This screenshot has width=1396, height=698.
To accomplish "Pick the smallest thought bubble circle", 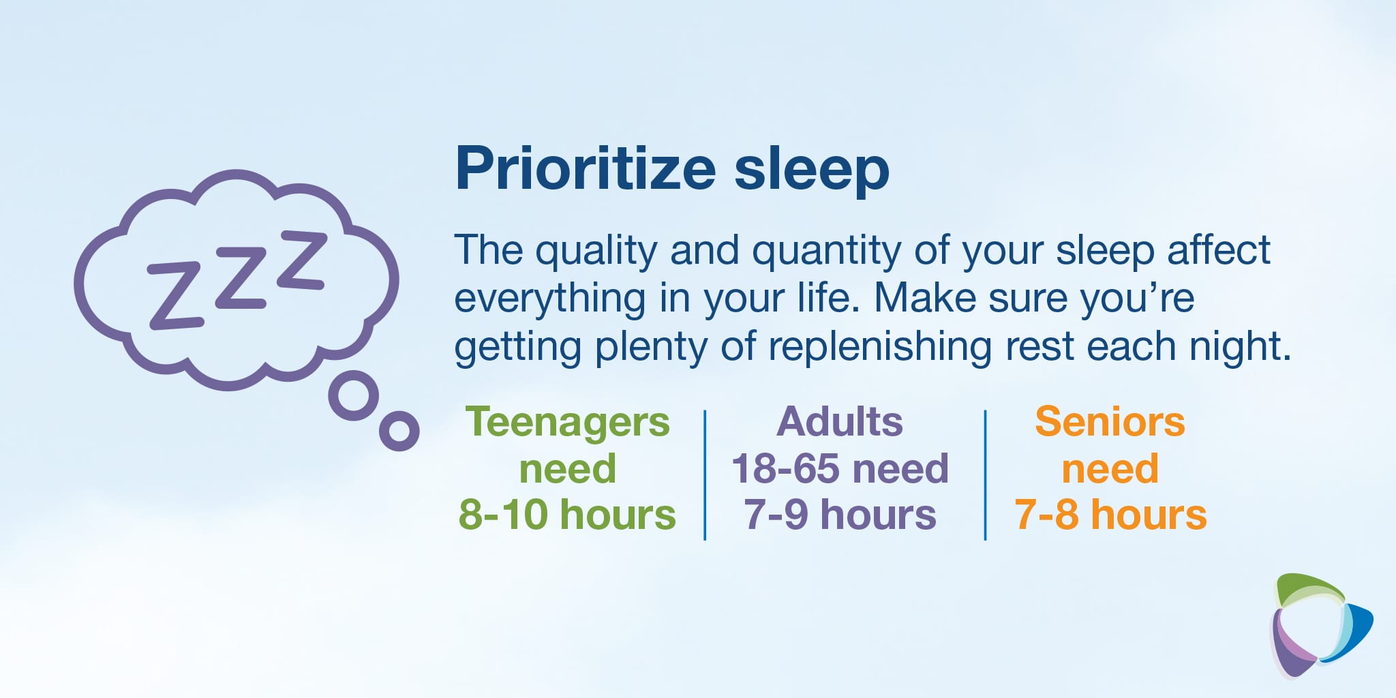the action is click(399, 431).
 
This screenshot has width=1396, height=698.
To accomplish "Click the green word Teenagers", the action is click(568, 423).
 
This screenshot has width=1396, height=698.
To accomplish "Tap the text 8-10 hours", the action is click(567, 514).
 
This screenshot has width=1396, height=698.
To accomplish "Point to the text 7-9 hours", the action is click(840, 514).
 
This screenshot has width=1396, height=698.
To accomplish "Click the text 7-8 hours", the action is click(1110, 514).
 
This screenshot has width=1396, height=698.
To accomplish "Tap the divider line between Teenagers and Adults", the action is click(705, 475).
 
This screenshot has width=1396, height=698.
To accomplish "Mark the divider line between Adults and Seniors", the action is click(985, 475).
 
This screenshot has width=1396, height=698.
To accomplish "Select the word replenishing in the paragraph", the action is click(880, 348).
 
